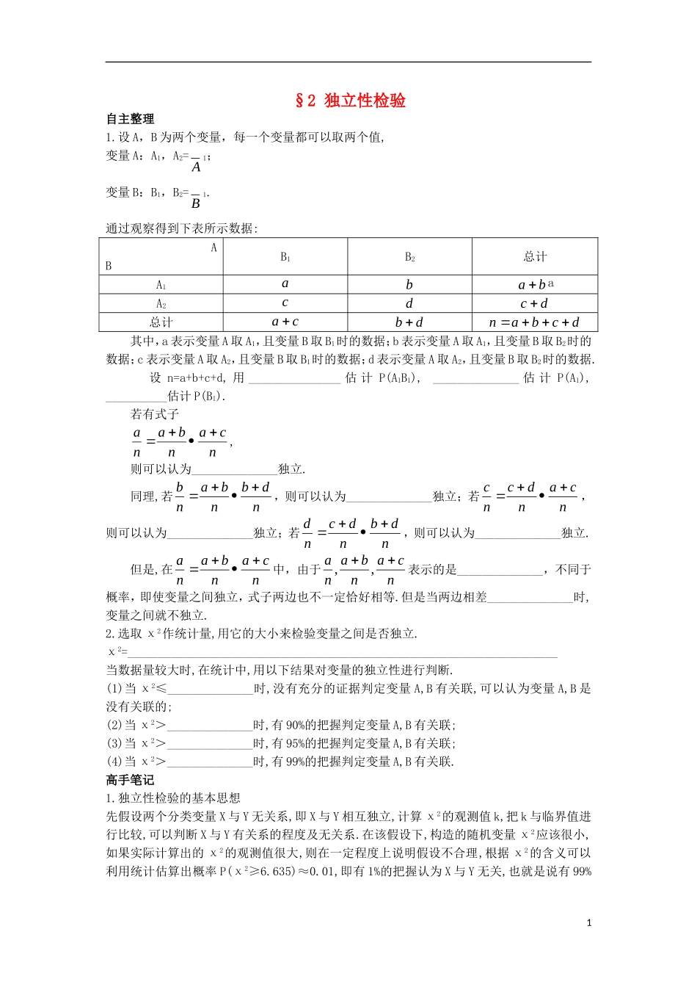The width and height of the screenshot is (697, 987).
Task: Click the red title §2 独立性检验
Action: pyautogui.click(x=350, y=101)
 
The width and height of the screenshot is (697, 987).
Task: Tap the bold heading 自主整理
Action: pyautogui.click(x=130, y=119)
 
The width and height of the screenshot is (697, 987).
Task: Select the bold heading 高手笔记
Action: pyautogui.click(x=130, y=780)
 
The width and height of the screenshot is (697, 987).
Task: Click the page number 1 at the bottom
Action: pyautogui.click(x=589, y=923)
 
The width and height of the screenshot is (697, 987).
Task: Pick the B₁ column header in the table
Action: pyautogui.click(x=285, y=257)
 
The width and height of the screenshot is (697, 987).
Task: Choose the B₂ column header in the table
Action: pyautogui.click(x=409, y=257)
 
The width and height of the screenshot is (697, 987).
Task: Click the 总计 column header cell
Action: pyautogui.click(x=535, y=257)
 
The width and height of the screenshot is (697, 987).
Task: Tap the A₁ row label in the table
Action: pyautogui.click(x=161, y=285)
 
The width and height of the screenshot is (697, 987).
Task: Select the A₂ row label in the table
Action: pyautogui.click(x=161, y=303)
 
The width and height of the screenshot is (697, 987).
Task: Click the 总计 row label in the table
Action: pyautogui.click(x=161, y=322)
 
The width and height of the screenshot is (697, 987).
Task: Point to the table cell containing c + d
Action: pyautogui.click(x=534, y=303)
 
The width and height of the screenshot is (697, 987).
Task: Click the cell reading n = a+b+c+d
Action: pyautogui.click(x=534, y=322)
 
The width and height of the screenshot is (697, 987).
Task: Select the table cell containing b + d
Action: pyautogui.click(x=409, y=322)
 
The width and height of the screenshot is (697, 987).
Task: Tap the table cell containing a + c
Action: pyautogui.click(x=285, y=322)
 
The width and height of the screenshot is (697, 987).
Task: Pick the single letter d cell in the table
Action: pyautogui.click(x=409, y=303)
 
